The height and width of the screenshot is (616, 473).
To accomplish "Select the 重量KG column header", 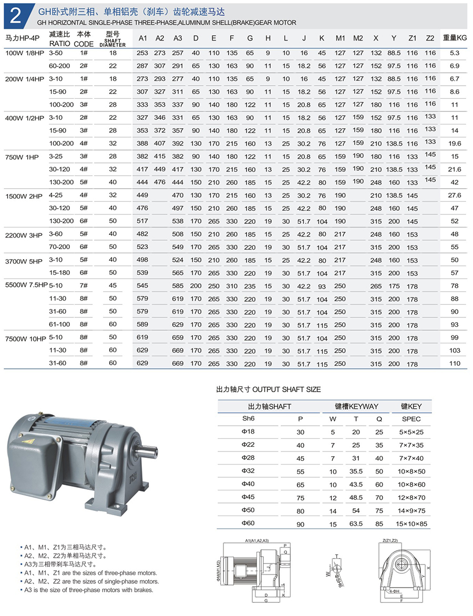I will pos(455,38).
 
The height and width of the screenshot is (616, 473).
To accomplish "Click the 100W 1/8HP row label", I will pos(24,53).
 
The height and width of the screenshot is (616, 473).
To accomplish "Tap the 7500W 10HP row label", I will pos(25,338).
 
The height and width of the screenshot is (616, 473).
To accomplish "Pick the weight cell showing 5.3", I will pos(455,53).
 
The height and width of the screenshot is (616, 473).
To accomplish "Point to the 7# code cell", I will pos(84,286).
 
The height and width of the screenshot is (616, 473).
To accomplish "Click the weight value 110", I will pos(455,364).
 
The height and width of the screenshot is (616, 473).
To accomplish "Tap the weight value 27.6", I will pos(455,196).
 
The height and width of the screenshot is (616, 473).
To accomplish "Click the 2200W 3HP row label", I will pos(24,234).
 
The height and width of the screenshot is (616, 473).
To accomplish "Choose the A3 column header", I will pos(178,38).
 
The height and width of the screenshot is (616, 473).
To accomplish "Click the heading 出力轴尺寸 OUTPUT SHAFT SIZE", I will pos(269,389).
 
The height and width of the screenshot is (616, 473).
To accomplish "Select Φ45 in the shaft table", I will pos(248,497).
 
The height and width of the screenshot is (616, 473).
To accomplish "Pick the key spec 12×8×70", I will pos(411,497).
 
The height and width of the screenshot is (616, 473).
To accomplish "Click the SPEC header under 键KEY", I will pos(411,419).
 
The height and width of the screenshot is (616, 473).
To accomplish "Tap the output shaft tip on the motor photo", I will pos(153,450).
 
